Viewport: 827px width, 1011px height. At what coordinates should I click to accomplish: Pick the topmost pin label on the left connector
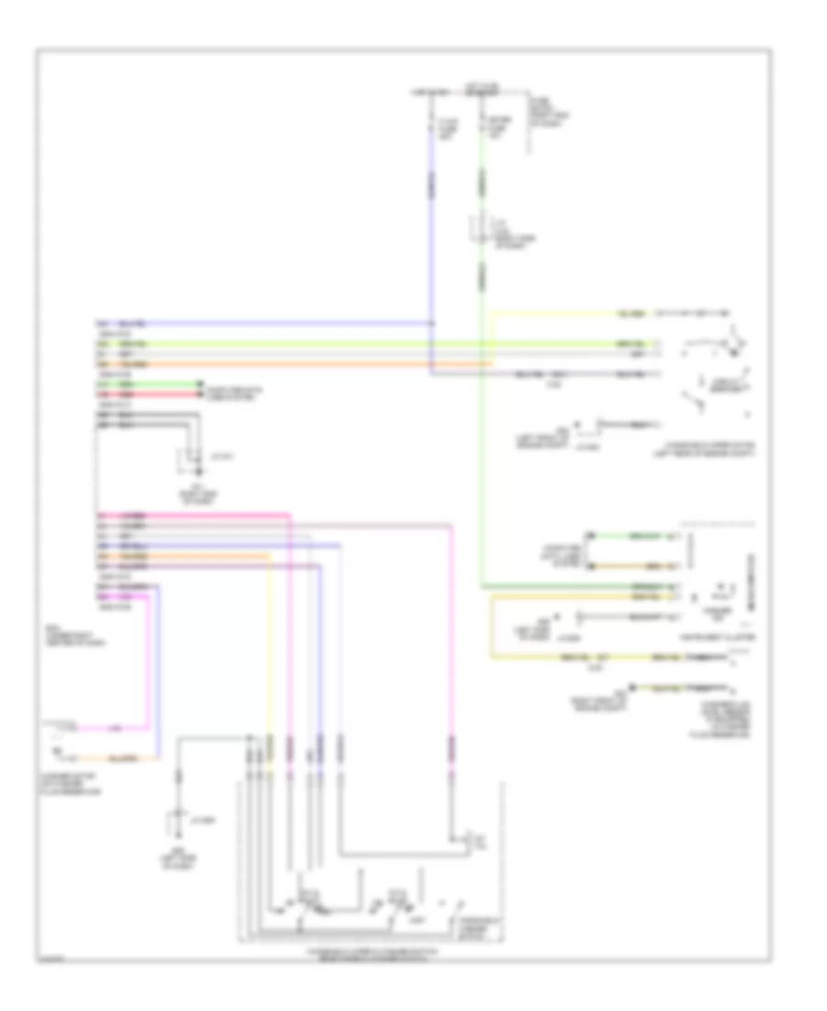pos(102,324)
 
